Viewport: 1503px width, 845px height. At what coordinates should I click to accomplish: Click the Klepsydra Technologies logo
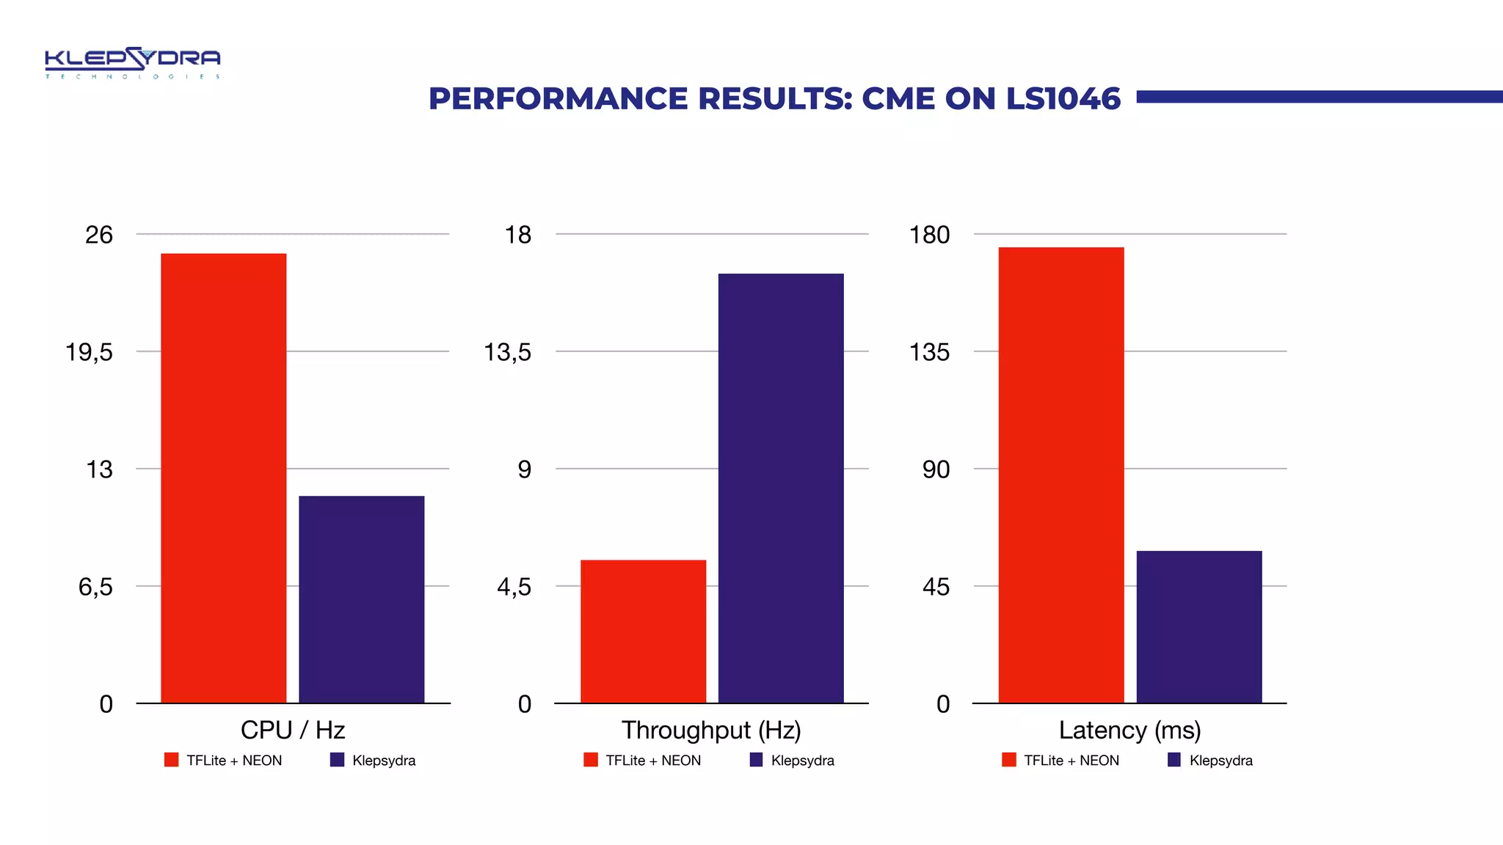[132, 63]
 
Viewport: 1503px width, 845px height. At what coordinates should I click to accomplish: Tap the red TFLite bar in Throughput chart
[643, 632]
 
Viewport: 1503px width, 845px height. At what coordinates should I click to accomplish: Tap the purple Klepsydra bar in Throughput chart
[781, 489]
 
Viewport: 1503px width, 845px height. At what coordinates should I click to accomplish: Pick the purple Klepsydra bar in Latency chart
[1198, 627]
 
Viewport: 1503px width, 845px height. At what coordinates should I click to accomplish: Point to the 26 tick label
[99, 235]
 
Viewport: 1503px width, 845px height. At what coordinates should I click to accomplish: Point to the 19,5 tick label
[90, 352]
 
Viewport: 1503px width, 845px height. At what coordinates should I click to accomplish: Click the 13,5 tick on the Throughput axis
[507, 352]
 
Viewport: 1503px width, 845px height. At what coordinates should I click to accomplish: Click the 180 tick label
[929, 235]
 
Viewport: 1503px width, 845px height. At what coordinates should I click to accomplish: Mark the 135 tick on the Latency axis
[929, 352]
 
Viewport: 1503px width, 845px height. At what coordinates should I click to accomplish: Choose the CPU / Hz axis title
[293, 730]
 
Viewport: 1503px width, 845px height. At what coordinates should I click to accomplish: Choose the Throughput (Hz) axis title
[711, 730]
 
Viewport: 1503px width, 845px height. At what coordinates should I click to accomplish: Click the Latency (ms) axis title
[1129, 730]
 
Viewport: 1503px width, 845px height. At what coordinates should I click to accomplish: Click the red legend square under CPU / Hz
[172, 760]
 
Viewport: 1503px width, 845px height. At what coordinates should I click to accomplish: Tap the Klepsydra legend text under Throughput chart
[802, 761]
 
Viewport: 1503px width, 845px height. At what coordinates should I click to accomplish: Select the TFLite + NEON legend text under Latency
[1071, 761]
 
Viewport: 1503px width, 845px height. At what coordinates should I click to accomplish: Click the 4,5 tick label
[514, 587]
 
